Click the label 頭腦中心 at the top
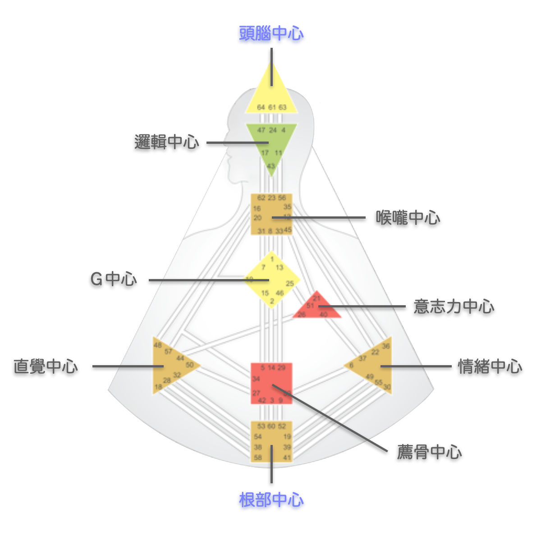coord(271,33)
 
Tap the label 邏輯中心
coord(167,142)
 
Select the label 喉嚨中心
coord(408,218)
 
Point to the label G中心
coord(114,280)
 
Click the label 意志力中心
coord(454,307)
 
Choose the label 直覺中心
coord(46,367)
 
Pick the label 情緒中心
coord(490,367)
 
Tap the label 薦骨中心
coord(429,452)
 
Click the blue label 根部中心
coord(271,500)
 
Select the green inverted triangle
coord(271,142)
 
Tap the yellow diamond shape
coord(272,280)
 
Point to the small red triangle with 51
coord(317,307)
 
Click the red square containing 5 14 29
coord(271,383)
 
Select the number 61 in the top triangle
coord(272,107)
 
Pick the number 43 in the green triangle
coord(271,166)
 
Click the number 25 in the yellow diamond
coord(289,284)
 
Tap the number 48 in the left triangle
coord(157,345)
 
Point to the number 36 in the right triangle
coord(386,346)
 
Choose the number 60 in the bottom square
coord(271,426)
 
